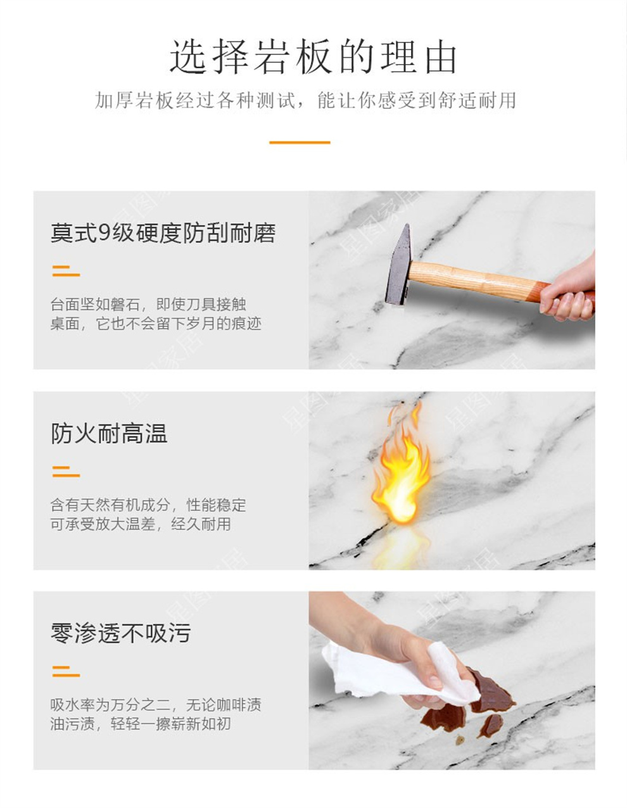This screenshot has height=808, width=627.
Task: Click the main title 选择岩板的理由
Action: coord(313,56)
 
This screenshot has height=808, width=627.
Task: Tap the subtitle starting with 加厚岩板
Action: coord(305,101)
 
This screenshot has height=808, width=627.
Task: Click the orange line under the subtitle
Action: coord(300,142)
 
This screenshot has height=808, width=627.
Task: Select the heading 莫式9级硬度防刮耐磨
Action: coord(163,234)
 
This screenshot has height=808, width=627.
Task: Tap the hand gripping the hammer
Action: coord(568,292)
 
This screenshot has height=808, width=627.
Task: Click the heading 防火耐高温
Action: coord(109,434)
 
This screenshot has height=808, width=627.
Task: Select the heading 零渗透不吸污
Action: coord(121,633)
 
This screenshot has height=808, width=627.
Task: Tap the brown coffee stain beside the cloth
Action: coord(491,691)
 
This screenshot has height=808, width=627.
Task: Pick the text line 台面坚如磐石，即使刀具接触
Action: coord(148,305)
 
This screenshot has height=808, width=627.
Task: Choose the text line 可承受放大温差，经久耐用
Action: coord(141,524)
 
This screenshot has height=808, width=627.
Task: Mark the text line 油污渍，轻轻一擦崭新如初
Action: coord(141,724)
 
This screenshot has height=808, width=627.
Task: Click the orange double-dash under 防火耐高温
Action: coord(66,472)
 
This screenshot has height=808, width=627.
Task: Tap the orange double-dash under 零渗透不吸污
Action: coord(66,671)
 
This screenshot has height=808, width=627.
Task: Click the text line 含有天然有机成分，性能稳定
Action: coord(148,505)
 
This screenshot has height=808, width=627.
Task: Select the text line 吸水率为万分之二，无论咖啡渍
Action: coord(156,705)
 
